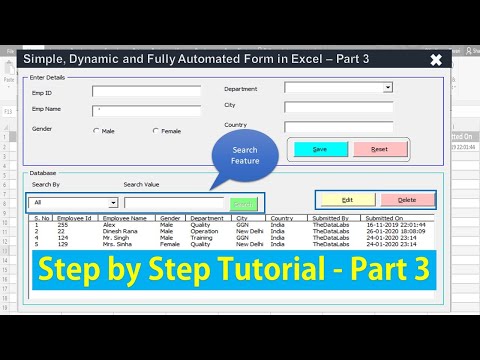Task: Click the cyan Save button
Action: point(319,149)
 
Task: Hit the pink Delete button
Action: point(407,200)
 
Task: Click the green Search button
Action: point(242,203)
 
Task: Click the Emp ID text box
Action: point(146,91)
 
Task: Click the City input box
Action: point(337,107)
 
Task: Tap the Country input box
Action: point(337,127)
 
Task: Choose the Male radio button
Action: point(96,131)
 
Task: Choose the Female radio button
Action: point(156,131)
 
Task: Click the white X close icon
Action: point(435,60)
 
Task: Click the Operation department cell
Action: point(206,231)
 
